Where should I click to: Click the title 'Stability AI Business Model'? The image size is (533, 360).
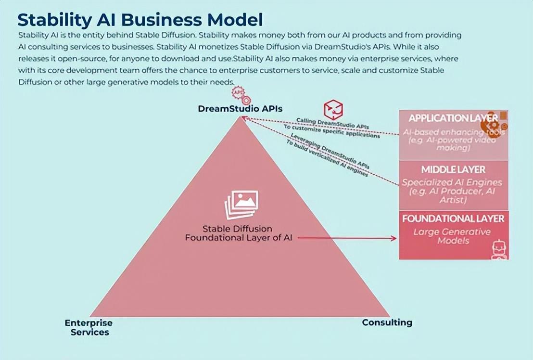pos(140,20)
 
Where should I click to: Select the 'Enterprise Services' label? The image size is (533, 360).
pos(89,327)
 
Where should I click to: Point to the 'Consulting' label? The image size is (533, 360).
pos(387,322)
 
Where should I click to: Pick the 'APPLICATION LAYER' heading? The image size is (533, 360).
pos(453,118)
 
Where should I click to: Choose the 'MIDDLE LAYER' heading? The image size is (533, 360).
pos(453,169)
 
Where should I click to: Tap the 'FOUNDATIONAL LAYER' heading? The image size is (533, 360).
pos(453,219)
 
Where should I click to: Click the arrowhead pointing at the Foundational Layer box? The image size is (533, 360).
pos(394,238)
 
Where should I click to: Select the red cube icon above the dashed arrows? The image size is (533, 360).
pos(333,109)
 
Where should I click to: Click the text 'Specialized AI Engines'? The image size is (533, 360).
pos(452,182)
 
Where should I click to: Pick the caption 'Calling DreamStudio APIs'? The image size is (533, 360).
pos(332,123)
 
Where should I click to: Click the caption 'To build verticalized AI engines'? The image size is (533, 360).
pos(327,160)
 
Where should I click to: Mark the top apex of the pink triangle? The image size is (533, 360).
pos(240,117)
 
